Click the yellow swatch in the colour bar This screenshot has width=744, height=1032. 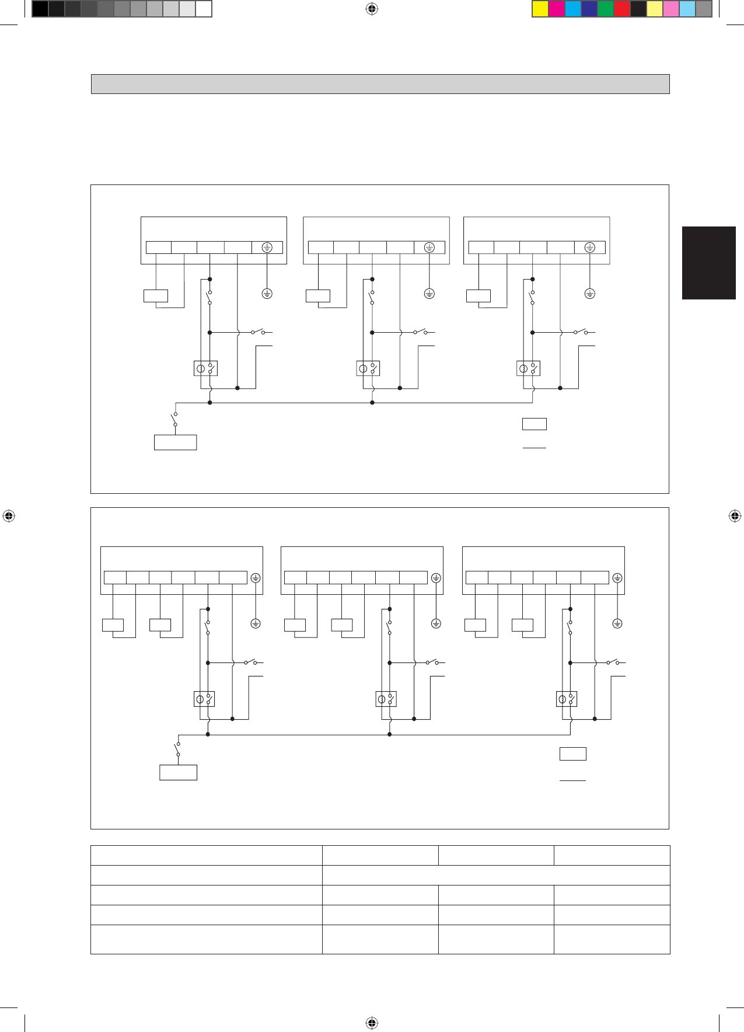tap(540, 9)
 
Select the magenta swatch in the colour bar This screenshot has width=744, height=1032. tap(557, 9)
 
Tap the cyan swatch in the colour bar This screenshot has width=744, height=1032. tap(573, 9)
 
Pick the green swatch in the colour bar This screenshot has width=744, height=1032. tap(606, 9)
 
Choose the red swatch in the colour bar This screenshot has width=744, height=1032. tap(622, 9)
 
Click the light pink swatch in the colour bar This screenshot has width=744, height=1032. tap(671, 9)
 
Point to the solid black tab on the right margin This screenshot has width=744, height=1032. tap(708, 263)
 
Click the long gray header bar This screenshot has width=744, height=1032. tap(380, 84)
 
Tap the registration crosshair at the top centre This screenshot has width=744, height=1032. tap(372, 9)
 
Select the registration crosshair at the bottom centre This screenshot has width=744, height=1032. tap(372, 1023)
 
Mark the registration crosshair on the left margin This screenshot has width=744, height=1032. tap(9, 516)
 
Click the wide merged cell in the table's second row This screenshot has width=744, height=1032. tap(495, 875)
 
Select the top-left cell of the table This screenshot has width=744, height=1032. tap(206, 855)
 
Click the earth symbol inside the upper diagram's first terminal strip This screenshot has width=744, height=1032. tap(267, 247)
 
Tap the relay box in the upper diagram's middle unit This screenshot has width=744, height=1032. tap(368, 368)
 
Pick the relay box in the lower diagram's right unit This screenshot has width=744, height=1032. tap(567, 699)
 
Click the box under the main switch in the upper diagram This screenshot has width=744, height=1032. tap(175, 442)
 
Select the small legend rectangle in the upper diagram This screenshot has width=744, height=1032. tap(534, 424)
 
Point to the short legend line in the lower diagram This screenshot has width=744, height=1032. tap(572, 780)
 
